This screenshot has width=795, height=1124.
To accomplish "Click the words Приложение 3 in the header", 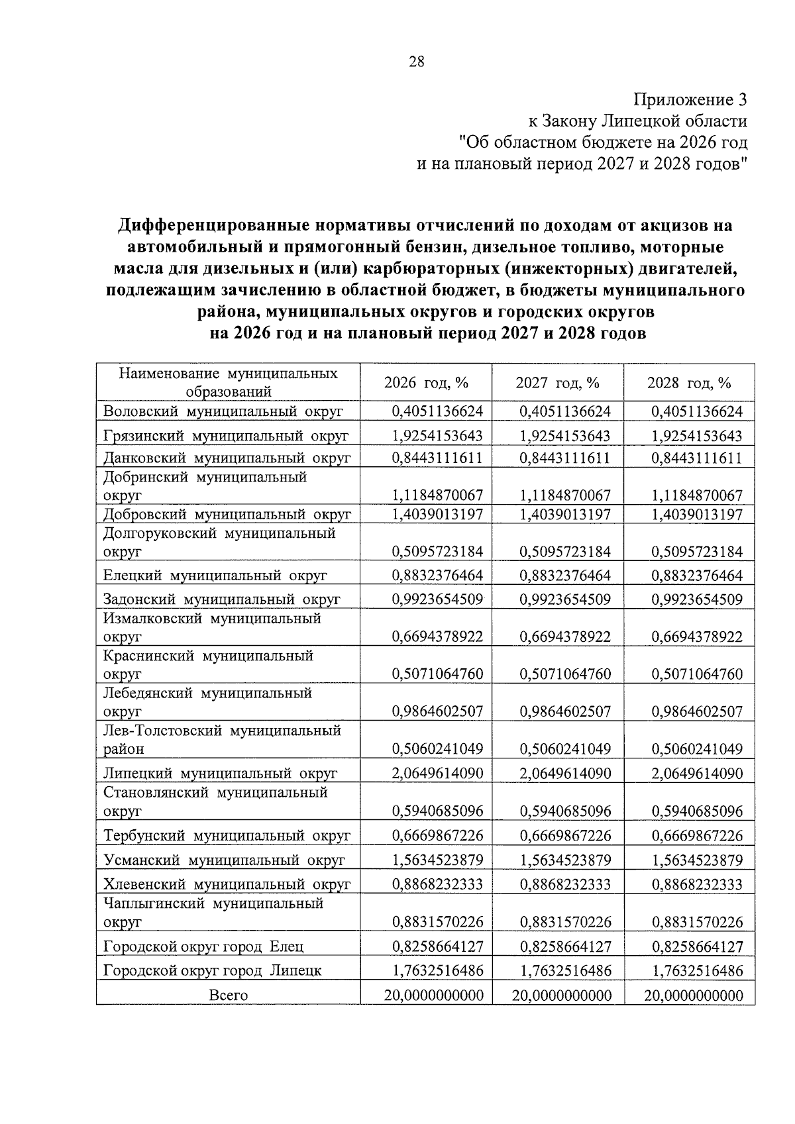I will point(690,100).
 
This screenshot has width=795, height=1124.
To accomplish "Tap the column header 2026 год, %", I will point(426,383).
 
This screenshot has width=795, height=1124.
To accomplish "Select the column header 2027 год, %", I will point(557,383).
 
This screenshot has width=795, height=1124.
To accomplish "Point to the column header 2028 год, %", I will point(689,383).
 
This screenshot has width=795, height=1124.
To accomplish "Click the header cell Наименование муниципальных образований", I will point(228,382).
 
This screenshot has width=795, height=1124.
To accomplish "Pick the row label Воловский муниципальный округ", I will point(223,411).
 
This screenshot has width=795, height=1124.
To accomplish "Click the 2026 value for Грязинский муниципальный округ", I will point(437,436).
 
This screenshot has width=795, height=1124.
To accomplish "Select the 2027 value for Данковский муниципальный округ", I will point(565,458).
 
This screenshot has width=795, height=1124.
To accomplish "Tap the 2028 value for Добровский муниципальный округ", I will point(697,514).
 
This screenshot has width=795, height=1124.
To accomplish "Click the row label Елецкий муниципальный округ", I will point(215,576).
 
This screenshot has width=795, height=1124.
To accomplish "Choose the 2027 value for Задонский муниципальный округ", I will point(565,600).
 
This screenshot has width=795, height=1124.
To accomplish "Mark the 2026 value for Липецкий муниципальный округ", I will point(437,774).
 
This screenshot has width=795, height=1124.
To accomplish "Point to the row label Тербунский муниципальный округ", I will point(227,836).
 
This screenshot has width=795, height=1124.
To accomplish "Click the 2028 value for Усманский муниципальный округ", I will point(697,860).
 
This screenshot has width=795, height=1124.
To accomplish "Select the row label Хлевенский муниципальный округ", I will point(227,885).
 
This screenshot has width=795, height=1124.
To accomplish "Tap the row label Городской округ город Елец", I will point(203,947).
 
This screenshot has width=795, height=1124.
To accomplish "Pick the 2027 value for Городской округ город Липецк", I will point(565,971).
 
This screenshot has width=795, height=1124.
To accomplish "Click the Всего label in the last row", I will point(228,996).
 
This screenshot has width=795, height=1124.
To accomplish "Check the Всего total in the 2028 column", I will point(693,996).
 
